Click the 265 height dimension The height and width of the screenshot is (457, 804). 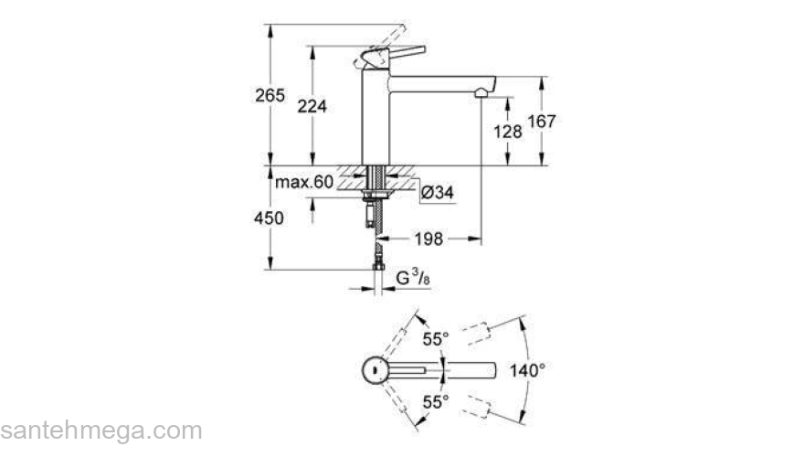[x=270, y=95]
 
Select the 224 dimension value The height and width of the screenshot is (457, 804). [x=312, y=106]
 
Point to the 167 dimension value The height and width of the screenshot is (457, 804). [x=543, y=121]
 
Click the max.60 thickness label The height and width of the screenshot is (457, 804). [x=304, y=182]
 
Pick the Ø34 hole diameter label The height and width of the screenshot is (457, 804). [x=438, y=192]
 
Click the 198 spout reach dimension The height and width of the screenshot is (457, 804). [x=429, y=239]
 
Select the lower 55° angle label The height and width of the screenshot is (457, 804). [x=435, y=401]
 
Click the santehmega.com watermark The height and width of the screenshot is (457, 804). [x=100, y=430]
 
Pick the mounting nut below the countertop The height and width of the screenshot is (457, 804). [x=375, y=195]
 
